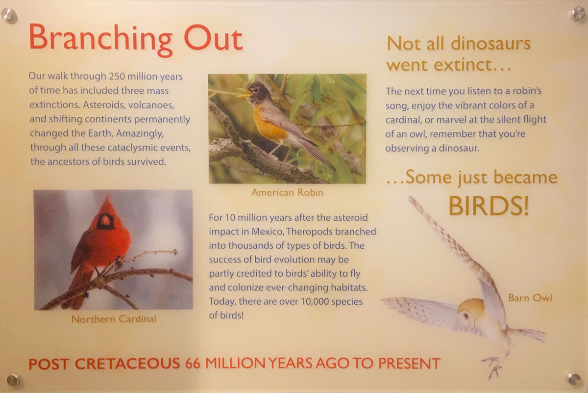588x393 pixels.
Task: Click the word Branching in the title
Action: (100, 40)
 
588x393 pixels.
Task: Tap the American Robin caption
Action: (287, 192)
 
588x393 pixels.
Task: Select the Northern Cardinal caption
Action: (114, 319)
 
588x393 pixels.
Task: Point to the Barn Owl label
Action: (530, 298)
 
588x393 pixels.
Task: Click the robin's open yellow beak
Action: (244, 93)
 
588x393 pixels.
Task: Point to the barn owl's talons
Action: (492, 367)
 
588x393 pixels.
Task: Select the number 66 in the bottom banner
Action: (193, 364)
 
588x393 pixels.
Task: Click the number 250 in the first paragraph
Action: (117, 77)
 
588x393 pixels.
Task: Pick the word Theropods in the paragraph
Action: (309, 232)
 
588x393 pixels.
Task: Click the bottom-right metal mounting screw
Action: (574, 379)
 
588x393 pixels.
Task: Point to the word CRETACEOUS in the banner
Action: (127, 364)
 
